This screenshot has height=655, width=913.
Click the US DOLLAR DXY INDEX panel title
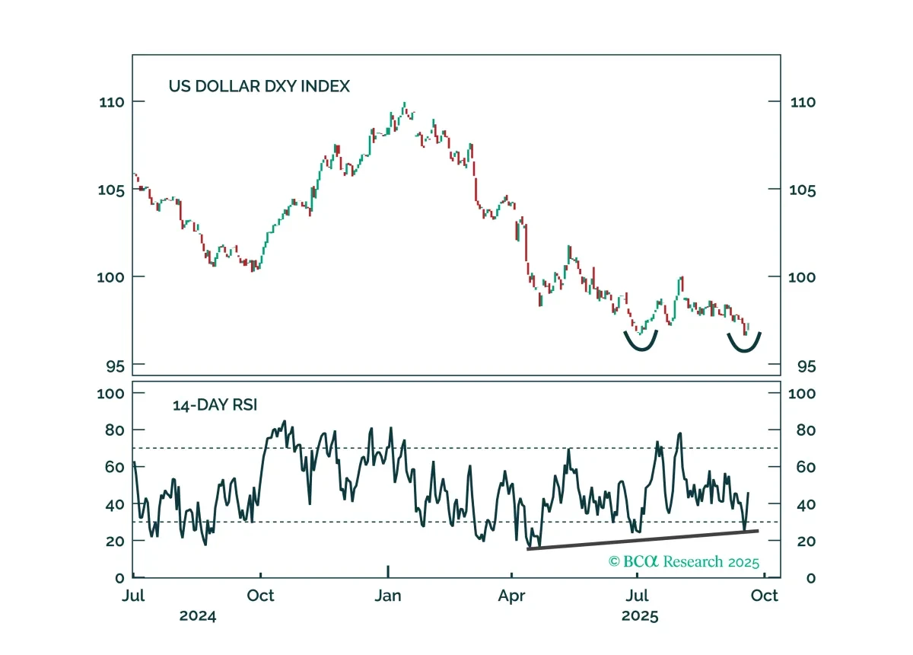pos(259,86)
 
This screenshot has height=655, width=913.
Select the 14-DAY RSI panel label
pos(215,405)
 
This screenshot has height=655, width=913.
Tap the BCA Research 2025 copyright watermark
pos(684,561)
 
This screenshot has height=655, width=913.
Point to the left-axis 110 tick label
pos(112,102)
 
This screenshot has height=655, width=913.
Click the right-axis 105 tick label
pos(802,190)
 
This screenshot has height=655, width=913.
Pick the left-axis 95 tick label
pos(116,366)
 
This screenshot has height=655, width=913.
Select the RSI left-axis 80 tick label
pos(115,430)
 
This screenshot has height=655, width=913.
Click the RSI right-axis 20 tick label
pos(806,542)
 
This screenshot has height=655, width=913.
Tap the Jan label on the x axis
pos(388,596)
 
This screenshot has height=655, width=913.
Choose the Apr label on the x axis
pos(511,596)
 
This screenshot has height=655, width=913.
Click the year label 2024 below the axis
pos(198,616)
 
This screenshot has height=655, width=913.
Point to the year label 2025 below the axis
pos(640,616)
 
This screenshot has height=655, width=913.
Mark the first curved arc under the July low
pos(641,349)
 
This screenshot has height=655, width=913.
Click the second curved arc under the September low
pos(744,350)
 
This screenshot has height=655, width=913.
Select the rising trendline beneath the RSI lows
pos(643,540)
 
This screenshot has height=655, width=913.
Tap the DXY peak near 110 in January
pos(404,104)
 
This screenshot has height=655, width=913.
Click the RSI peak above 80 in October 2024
pos(285,422)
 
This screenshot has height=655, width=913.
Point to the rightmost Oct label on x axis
pos(764,596)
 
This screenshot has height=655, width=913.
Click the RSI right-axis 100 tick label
pos(802,394)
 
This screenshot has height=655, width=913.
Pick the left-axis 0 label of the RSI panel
pos(119,578)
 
